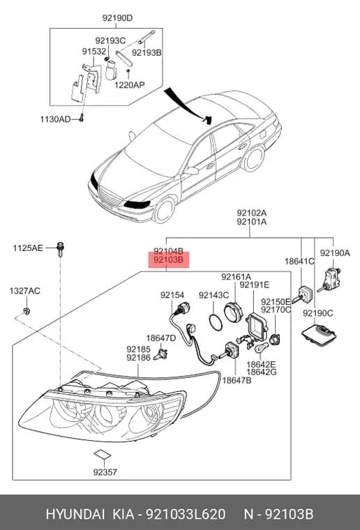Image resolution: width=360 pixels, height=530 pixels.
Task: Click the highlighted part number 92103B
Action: point(168,260)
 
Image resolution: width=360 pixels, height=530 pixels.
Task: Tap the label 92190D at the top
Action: point(118,18)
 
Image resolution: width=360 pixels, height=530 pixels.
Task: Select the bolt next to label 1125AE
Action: point(60,249)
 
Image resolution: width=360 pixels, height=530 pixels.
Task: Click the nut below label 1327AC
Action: point(26,310)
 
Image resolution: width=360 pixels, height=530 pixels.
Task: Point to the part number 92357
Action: point(105,472)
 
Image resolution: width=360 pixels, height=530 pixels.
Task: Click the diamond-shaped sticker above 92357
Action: point(103,454)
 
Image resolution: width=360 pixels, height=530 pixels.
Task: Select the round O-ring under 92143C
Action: point(216,322)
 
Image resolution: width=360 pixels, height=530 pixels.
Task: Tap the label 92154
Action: point(172,295)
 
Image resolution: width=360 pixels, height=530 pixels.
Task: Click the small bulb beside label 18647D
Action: point(161,354)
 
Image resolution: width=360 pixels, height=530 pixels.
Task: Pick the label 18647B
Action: point(237,380)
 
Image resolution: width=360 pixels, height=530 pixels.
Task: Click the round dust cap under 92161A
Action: point(234,311)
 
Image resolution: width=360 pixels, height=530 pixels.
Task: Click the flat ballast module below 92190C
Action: point(320,335)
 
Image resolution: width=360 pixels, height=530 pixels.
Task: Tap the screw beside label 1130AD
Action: point(81,119)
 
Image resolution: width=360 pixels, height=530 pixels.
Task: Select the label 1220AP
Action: point(130,84)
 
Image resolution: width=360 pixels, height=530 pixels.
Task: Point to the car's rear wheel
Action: point(254,158)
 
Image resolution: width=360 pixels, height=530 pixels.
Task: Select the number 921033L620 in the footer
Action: point(186,514)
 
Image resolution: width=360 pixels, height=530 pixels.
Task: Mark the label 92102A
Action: point(252,213)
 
